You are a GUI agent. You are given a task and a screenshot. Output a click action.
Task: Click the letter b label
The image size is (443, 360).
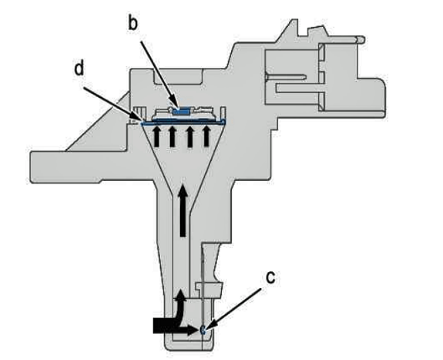(x=133, y=23)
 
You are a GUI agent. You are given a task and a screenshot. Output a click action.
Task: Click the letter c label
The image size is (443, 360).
(x=270, y=278)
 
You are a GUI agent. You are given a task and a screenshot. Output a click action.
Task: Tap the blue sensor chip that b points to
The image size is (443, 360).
(x=181, y=112)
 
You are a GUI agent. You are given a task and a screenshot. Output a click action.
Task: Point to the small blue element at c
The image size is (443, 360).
(x=203, y=329)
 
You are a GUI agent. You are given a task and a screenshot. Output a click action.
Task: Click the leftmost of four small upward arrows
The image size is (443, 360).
(x=157, y=136)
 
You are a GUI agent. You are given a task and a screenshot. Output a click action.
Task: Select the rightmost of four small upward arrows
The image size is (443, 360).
(x=207, y=136)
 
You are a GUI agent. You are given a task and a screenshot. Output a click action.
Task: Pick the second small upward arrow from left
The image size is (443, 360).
(x=172, y=136)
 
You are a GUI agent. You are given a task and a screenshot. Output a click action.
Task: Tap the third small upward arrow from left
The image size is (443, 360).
(x=190, y=136)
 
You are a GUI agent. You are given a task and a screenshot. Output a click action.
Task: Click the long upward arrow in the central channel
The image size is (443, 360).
(x=183, y=210)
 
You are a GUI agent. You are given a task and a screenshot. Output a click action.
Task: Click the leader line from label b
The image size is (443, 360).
(x=159, y=74)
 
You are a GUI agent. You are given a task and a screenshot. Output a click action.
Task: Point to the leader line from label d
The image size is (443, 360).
(x=111, y=105)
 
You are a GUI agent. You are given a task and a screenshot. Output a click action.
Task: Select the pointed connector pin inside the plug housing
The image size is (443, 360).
(x=286, y=76)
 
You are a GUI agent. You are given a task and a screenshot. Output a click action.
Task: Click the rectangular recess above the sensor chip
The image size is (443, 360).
(x=178, y=76)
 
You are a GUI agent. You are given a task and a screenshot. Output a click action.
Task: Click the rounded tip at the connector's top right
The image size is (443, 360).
(x=360, y=39)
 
